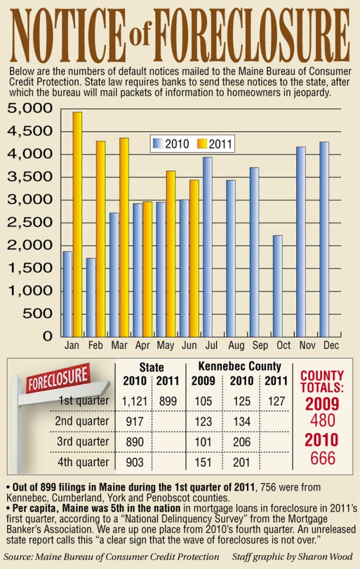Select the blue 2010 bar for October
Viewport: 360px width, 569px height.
click(277, 286)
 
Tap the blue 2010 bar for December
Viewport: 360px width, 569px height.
click(324, 239)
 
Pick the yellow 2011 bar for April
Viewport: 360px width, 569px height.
click(147, 269)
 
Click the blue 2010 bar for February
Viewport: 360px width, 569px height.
click(91, 297)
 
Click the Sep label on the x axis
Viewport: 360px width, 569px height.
click(260, 346)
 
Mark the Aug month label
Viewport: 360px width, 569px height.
click(236, 346)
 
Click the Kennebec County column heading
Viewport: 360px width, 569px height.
click(240, 367)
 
